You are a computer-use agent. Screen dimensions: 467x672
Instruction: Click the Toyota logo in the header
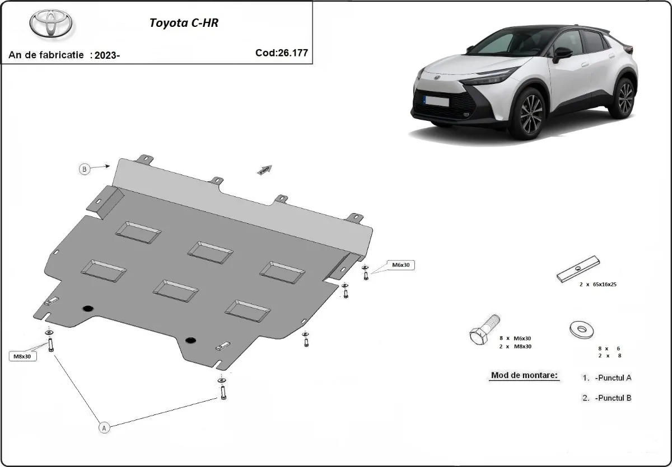[x=51, y=25]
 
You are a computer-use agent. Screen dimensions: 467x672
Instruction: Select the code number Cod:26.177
[x=281, y=53]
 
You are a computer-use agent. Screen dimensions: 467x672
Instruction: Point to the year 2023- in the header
[x=107, y=55]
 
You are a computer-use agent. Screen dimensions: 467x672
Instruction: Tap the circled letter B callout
[x=85, y=169]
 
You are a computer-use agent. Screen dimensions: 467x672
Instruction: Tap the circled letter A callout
[x=104, y=427]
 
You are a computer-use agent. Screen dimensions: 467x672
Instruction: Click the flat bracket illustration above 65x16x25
[x=578, y=269]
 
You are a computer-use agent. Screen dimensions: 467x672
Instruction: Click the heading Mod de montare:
[x=525, y=375]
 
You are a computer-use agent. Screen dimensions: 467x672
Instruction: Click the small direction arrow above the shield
[x=264, y=169]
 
